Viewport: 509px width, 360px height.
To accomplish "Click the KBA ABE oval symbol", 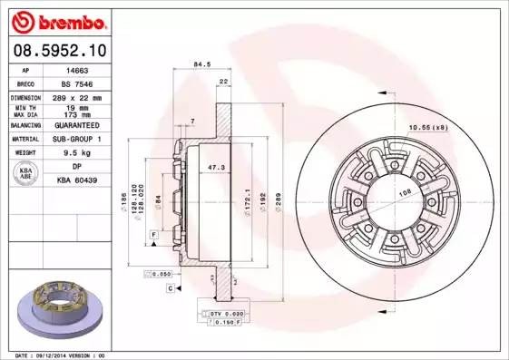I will (x=27, y=172).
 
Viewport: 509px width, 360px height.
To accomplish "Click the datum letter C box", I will (x=170, y=287).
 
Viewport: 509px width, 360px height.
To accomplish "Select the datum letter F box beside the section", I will (x=154, y=236).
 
